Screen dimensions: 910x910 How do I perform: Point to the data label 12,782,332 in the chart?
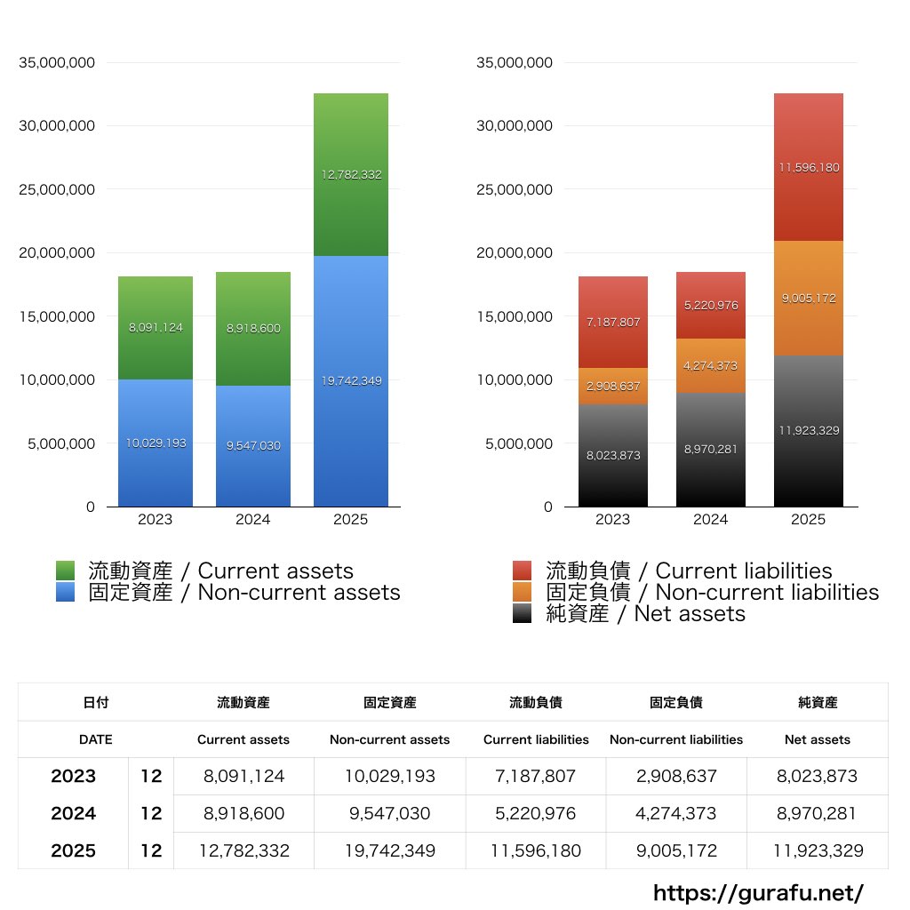point(352,175)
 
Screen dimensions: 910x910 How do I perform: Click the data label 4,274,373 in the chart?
point(711,365)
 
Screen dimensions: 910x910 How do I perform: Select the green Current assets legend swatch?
point(66,571)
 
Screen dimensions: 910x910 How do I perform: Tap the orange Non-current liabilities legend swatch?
point(523,592)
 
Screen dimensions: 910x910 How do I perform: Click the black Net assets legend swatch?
point(523,613)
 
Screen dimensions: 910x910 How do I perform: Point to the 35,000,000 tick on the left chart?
point(57,62)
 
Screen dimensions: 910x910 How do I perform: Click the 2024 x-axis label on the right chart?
point(711,520)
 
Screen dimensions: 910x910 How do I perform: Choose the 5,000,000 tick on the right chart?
point(515,443)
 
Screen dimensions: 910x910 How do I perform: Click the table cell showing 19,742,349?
point(390,850)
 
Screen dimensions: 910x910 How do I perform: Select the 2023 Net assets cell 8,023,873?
point(818,776)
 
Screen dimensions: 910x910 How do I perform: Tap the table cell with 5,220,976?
point(536,813)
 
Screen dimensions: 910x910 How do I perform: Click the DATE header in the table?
point(96,739)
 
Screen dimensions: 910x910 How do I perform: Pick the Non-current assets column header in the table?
point(390,739)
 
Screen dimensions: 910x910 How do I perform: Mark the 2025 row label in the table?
point(73,850)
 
